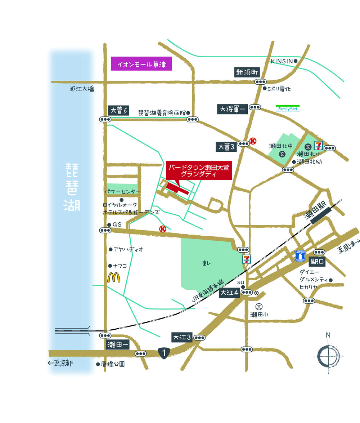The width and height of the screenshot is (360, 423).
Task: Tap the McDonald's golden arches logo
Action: coord(114,277)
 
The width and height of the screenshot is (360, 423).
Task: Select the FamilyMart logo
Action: coord(288,108)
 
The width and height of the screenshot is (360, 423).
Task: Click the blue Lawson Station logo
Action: coord(300,255)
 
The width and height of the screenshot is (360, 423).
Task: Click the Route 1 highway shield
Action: coord(164,353)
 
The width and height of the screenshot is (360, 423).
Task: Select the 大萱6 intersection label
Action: coord(118,111)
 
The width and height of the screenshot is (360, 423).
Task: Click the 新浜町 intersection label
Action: coord(247,72)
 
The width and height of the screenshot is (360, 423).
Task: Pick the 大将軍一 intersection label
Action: coord(232,109)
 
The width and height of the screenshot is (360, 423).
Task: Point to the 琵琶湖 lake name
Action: coord(73,187)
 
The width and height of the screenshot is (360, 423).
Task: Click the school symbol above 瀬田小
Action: coord(258,306)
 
